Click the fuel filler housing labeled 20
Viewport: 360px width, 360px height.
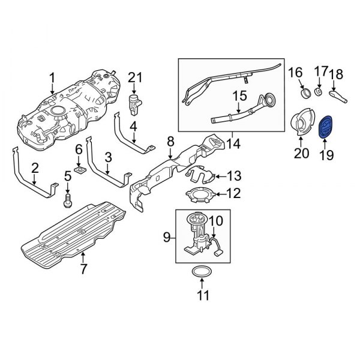pyautogui.click(x=301, y=124)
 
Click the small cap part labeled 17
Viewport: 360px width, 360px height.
pyautogui.click(x=319, y=94)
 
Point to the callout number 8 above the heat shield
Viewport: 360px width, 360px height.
pyautogui.click(x=170, y=142)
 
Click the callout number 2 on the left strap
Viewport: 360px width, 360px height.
pyautogui.click(x=35, y=168)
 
